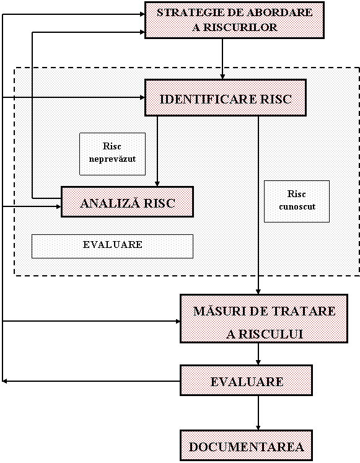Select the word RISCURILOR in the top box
(x=240, y=27)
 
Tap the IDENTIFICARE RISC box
(x=226, y=97)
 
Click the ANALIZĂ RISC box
(x=127, y=201)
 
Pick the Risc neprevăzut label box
(x=112, y=154)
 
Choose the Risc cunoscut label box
(x=297, y=201)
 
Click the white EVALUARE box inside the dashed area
(x=112, y=246)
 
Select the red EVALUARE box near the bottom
(x=247, y=381)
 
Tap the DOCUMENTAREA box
(x=247, y=445)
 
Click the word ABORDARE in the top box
(x=279, y=12)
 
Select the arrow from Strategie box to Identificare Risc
(x=222, y=59)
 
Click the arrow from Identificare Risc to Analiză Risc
(x=157, y=151)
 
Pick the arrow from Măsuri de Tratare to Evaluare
(x=258, y=354)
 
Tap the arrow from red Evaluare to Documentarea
(x=258, y=413)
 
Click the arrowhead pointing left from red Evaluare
(x=4, y=381)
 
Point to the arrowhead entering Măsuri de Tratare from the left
(x=178, y=321)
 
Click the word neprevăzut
(x=112, y=159)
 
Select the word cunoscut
(x=297, y=206)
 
